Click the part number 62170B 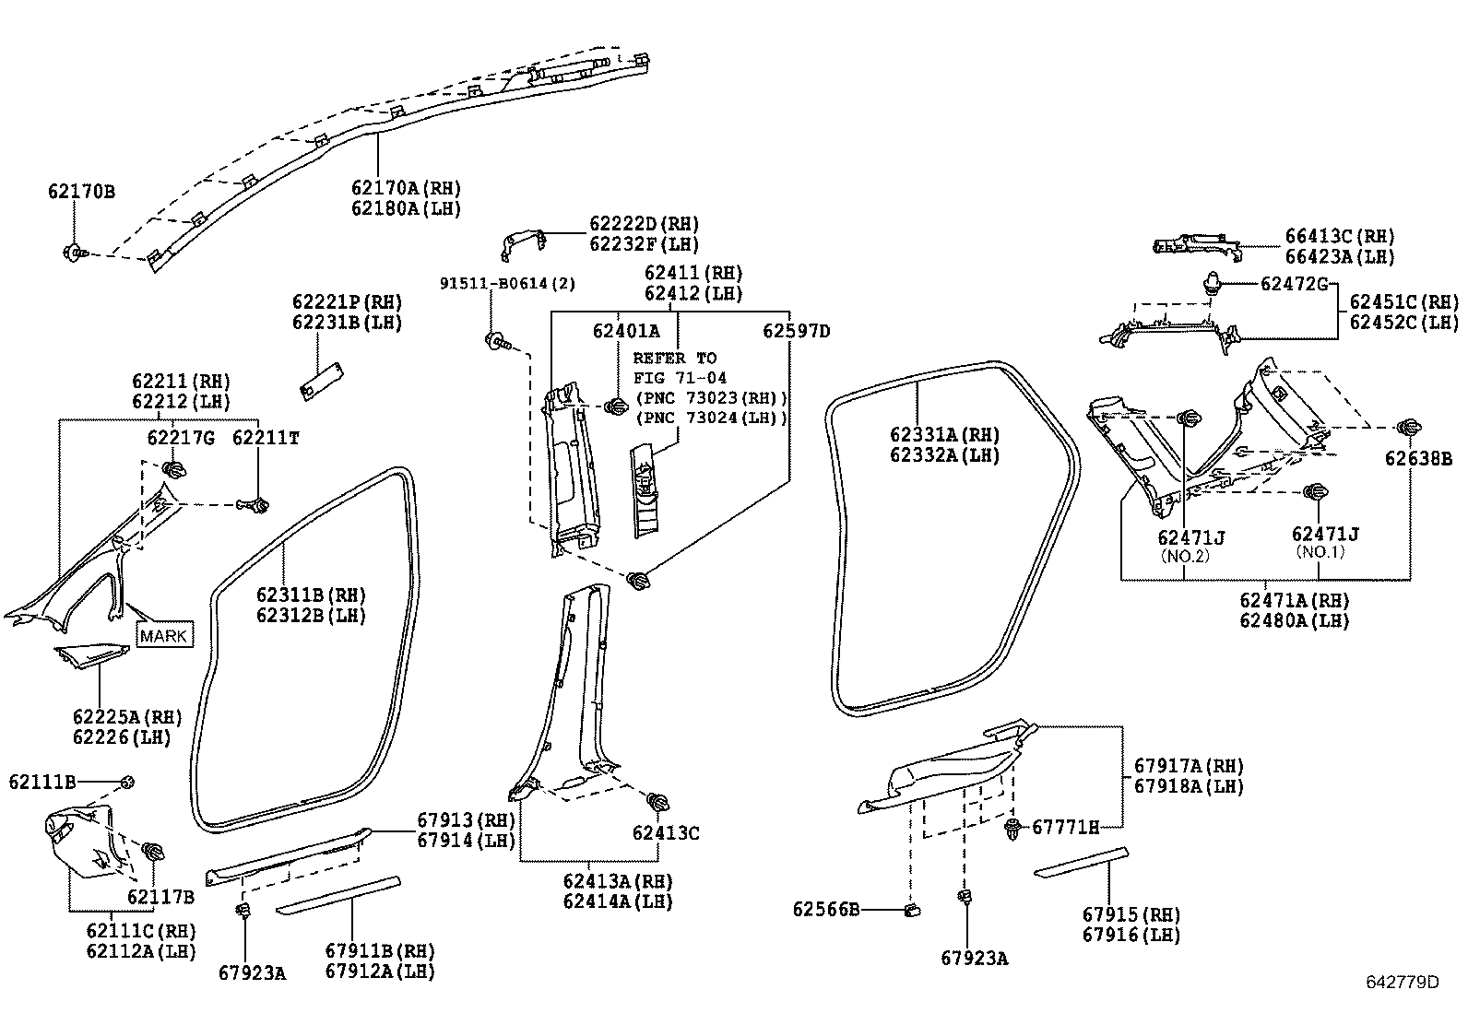(x=81, y=192)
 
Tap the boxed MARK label (x=164, y=635)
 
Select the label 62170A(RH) (x=406, y=188)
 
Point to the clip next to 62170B (x=74, y=251)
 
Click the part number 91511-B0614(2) (x=507, y=283)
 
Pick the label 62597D (x=795, y=331)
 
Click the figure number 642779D (x=1402, y=982)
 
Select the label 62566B (x=825, y=910)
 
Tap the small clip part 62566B (x=913, y=911)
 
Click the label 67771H (x=1065, y=827)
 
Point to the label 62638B (x=1418, y=458)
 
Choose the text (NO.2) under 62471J (x=1184, y=556)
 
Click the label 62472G (x=1294, y=284)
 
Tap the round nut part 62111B (x=128, y=783)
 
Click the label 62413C (x=666, y=833)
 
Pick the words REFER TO (x=674, y=358)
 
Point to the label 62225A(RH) (x=127, y=718)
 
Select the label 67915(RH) (x=1131, y=914)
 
